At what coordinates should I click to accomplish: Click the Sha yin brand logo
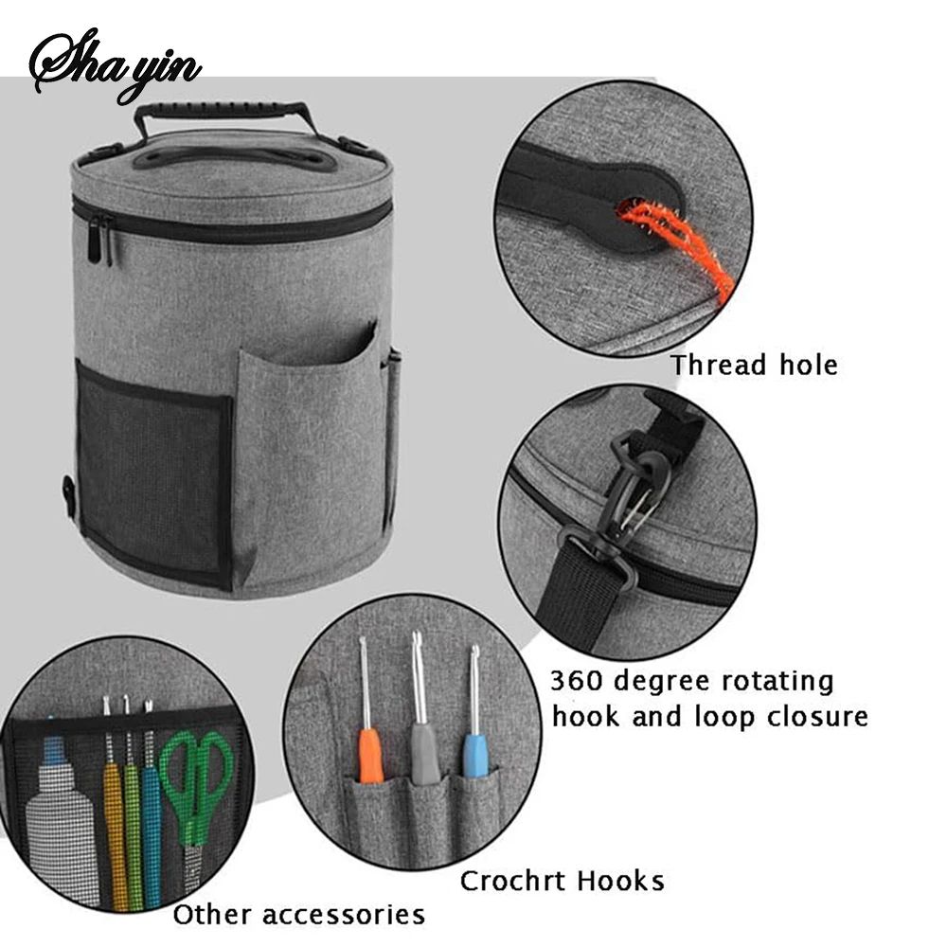(115, 66)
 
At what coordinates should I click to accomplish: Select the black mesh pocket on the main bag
(154, 474)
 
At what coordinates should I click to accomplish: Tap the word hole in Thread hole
(809, 366)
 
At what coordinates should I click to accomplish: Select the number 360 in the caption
(577, 681)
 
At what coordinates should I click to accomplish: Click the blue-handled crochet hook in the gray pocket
(473, 716)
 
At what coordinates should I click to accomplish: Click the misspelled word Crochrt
(511, 881)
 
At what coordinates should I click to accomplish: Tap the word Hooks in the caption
(621, 881)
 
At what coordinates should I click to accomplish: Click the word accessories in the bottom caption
(344, 915)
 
